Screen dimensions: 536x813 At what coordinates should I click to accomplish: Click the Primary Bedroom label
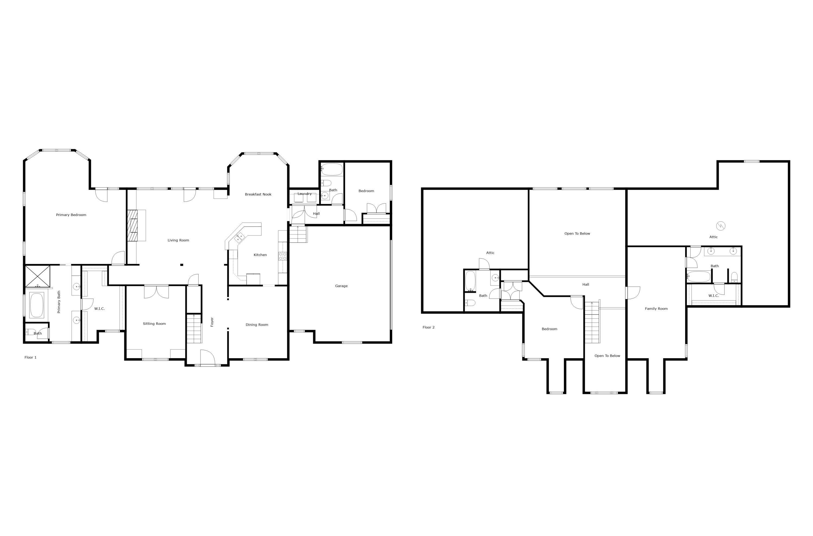tap(71, 215)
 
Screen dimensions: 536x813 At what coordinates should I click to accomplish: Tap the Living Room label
tap(178, 240)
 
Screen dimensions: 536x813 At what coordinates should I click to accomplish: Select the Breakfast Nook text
tap(258, 195)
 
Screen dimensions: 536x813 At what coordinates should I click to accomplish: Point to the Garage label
tap(341, 286)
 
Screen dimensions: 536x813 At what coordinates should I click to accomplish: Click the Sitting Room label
tap(154, 324)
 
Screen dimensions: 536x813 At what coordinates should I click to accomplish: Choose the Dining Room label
tap(257, 325)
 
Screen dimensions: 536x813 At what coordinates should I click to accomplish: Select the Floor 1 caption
tap(30, 358)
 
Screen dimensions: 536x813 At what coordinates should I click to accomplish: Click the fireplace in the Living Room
tap(133, 225)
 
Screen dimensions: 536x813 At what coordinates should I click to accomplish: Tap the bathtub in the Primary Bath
tap(37, 305)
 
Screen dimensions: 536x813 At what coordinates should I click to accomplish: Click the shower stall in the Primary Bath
tap(38, 276)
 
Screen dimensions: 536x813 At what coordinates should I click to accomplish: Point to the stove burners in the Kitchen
tap(282, 256)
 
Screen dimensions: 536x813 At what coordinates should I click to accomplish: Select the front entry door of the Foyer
tap(207, 358)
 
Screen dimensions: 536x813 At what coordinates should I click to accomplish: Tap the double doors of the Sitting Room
tap(156, 292)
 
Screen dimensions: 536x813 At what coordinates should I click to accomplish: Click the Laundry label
tap(304, 194)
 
